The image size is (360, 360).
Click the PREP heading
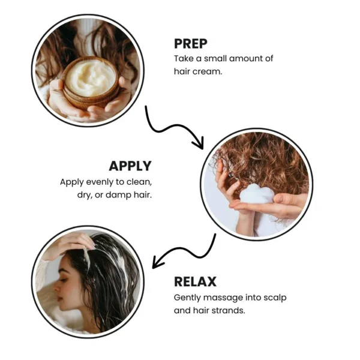tap(191, 44)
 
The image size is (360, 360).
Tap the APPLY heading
tap(130, 166)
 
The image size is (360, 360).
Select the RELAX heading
tap(195, 281)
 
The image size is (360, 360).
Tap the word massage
tap(223, 298)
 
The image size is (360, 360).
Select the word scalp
tap(275, 298)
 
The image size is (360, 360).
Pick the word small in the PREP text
tap(215, 59)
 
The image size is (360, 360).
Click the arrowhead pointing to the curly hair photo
tap(199, 143)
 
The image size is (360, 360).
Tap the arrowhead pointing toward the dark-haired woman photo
tap(157, 262)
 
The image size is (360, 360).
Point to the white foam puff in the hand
tap(257, 194)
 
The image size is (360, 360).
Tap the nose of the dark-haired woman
tap(56, 287)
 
